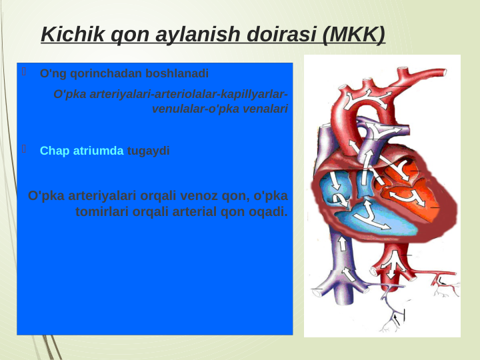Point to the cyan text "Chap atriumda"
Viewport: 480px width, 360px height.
(81, 151)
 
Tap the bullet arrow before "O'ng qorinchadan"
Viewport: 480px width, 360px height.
(24, 73)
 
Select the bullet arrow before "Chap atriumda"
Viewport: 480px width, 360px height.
(24, 150)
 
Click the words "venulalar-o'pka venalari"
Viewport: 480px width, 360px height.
(220, 108)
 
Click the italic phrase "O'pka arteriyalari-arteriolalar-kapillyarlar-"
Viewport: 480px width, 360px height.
(171, 94)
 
